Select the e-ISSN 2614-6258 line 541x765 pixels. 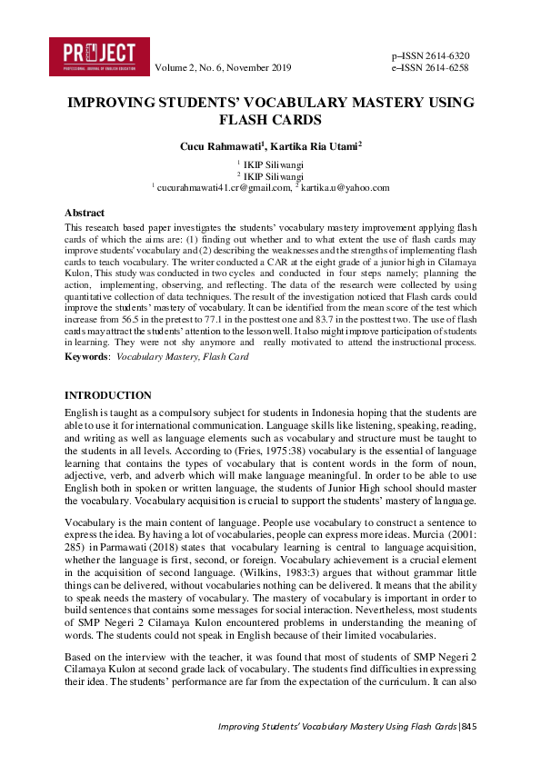(430, 67)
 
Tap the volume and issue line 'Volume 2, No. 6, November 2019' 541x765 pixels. (223, 68)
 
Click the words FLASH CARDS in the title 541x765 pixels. (271, 119)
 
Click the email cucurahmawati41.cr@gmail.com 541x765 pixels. (221, 187)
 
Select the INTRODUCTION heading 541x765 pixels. (108, 395)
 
